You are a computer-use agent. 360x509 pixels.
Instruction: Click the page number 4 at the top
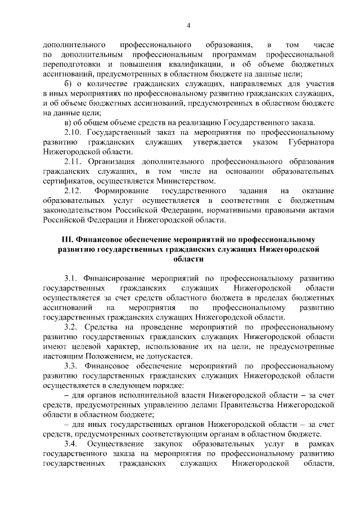click(x=188, y=25)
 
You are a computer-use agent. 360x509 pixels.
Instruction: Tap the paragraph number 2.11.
click(x=73, y=161)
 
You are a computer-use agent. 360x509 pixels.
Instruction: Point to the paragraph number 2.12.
click(x=73, y=190)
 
